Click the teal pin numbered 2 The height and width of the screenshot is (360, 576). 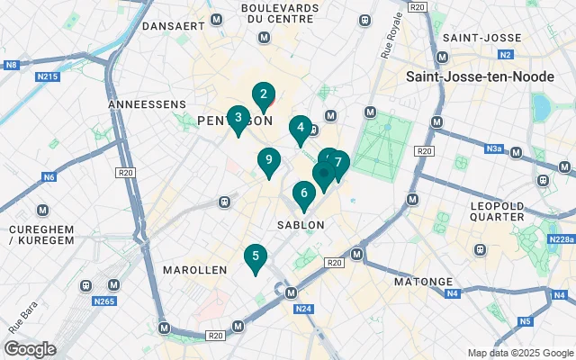pyautogui.click(x=263, y=94)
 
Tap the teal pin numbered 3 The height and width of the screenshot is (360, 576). pyautogui.click(x=238, y=118)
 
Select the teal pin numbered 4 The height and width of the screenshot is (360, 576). pyautogui.click(x=300, y=129)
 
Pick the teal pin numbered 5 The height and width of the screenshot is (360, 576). pyautogui.click(x=256, y=257)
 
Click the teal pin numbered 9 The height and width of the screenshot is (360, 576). pyautogui.click(x=268, y=161)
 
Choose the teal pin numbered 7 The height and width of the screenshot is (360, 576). pyautogui.click(x=338, y=164)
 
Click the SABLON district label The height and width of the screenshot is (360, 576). pyautogui.click(x=301, y=223)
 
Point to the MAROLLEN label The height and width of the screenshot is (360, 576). pyautogui.click(x=195, y=270)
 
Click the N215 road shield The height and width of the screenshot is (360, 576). pyautogui.click(x=48, y=76)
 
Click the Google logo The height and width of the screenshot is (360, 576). pyautogui.click(x=30, y=349)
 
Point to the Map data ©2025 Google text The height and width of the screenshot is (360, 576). pyautogui.click(x=520, y=353)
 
